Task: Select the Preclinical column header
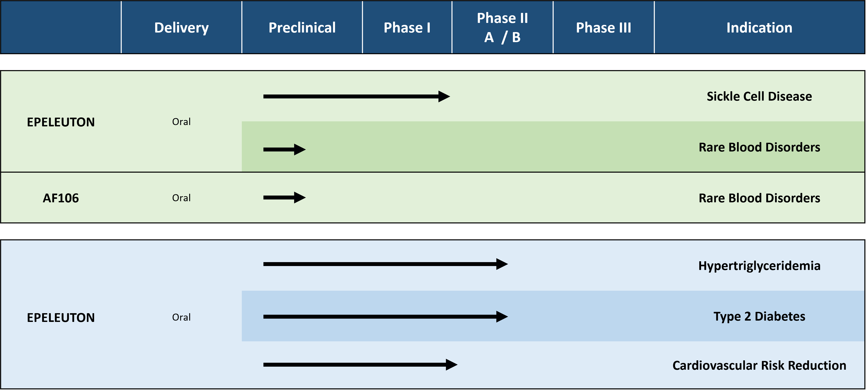(302, 27)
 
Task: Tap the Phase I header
(407, 27)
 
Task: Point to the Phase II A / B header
(502, 27)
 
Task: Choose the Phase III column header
(603, 27)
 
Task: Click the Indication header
(759, 27)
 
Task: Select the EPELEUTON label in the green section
(61, 122)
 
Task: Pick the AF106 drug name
(61, 198)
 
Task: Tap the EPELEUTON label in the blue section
(61, 318)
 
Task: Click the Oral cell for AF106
(181, 198)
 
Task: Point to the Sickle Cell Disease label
(759, 96)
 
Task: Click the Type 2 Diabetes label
(759, 317)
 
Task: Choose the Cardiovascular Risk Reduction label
(759, 366)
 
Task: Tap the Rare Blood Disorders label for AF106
(759, 198)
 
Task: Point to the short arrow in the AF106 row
(284, 198)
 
